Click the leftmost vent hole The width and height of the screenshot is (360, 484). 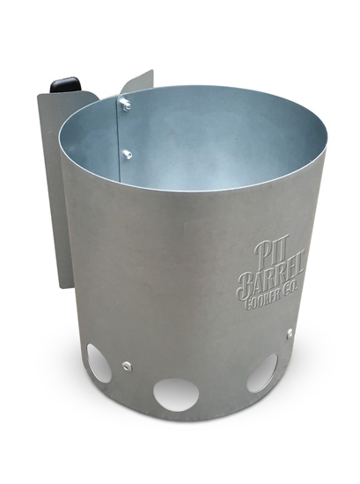(99, 363)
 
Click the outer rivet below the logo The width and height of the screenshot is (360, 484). (289, 332)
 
